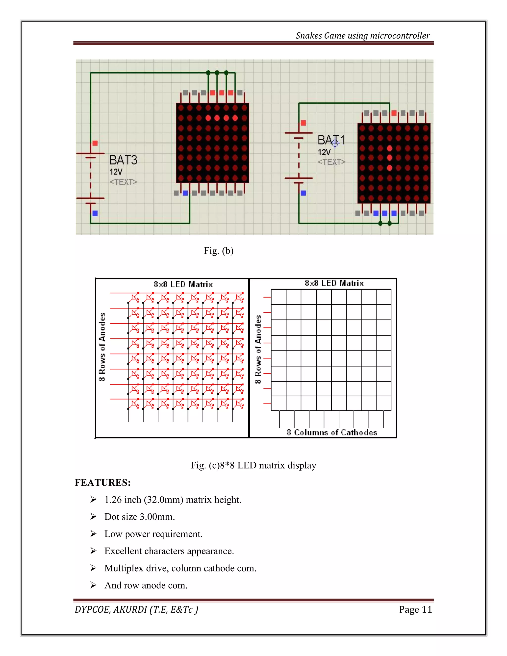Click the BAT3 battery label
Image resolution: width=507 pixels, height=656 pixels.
pos(123,160)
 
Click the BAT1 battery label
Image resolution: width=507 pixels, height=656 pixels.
pos(331,140)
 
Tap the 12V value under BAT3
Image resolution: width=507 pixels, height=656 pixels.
pos(116,172)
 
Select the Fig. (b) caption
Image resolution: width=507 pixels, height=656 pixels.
pos(218,251)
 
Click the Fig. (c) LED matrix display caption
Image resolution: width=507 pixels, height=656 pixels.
pos(253,465)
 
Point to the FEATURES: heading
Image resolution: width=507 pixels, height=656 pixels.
pos(102,482)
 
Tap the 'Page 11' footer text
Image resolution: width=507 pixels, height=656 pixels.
pos(415,609)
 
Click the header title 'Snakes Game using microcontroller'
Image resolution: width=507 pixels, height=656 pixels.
pos(362,36)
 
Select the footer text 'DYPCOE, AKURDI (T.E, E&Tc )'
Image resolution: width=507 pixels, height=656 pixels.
pos(136,609)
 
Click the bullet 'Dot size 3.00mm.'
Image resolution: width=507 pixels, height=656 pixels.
pos(139,517)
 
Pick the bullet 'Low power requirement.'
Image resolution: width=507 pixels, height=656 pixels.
pos(153,534)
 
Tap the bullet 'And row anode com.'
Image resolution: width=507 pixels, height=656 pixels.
pos(146,585)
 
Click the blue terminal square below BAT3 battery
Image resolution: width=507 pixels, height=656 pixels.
pos(95,213)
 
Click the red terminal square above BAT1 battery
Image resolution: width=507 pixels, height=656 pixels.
pos(303,123)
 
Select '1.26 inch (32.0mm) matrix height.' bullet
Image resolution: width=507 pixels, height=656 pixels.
pos(173,500)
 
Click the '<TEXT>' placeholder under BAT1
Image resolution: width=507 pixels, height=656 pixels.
pos(331,162)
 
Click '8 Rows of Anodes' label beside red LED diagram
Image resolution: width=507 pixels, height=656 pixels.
pos(102,347)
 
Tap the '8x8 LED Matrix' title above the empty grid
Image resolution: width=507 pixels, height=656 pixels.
pos(334,283)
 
